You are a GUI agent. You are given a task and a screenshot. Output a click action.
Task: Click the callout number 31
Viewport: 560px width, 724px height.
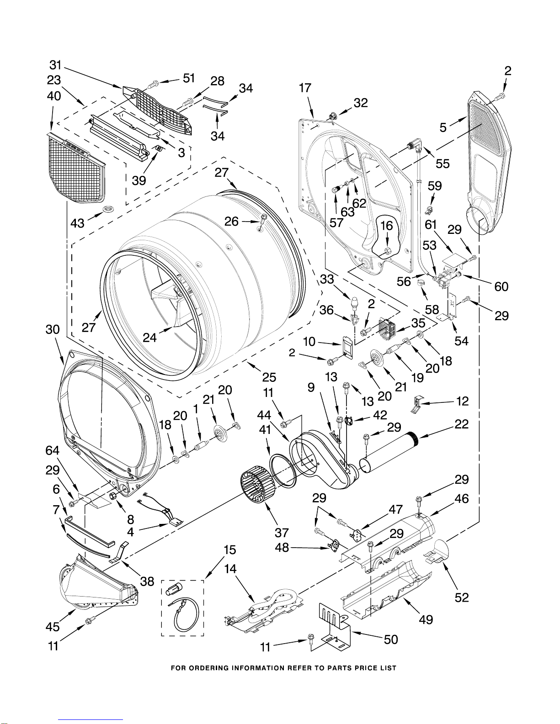(56, 65)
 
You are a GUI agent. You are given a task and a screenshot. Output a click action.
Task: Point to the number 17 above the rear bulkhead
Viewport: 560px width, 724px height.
(304, 88)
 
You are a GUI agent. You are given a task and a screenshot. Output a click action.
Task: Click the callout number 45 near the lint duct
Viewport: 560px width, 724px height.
(53, 627)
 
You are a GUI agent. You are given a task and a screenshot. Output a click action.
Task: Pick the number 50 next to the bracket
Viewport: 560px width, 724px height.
(391, 639)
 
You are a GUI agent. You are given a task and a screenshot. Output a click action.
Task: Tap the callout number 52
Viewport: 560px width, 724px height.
(462, 597)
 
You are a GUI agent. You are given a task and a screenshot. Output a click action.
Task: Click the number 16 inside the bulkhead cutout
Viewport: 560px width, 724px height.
(387, 226)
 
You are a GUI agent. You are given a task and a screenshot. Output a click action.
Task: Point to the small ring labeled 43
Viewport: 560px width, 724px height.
(108, 209)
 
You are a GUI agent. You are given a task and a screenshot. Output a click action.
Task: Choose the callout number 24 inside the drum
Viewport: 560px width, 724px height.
(149, 338)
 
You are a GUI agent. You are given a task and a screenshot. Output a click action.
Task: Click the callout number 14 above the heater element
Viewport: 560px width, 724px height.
(230, 569)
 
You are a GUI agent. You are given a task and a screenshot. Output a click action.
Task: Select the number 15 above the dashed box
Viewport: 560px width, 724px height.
(230, 550)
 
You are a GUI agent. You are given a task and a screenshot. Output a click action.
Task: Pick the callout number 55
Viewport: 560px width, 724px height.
(443, 163)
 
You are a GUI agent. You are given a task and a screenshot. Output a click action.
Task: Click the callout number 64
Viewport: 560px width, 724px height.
(52, 450)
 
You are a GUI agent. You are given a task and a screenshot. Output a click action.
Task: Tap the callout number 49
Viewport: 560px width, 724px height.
(426, 619)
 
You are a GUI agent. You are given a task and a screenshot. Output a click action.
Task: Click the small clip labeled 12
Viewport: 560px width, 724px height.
(416, 404)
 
